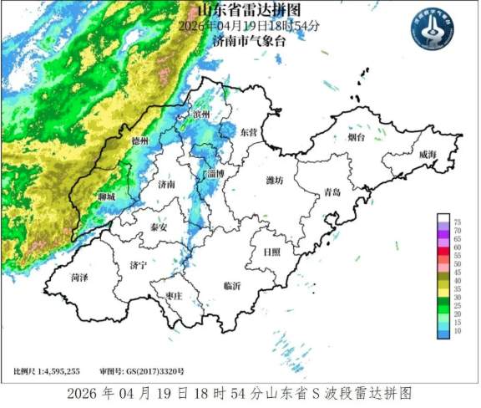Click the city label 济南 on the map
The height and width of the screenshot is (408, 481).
coord(166,185)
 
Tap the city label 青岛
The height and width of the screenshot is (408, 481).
coord(332,191)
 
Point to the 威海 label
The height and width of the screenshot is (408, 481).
coord(427,155)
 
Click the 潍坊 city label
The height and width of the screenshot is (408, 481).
coord(275,180)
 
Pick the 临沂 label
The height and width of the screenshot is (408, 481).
coord(231,286)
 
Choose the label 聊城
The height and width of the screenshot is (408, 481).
coord(106,196)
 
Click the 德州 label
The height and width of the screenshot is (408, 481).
coord(140,142)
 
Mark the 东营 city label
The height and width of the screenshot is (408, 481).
coord(249,133)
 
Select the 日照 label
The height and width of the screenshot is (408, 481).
coord(271,251)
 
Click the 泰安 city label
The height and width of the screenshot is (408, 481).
coord(159,227)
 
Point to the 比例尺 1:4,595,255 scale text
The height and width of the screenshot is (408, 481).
coord(46,370)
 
